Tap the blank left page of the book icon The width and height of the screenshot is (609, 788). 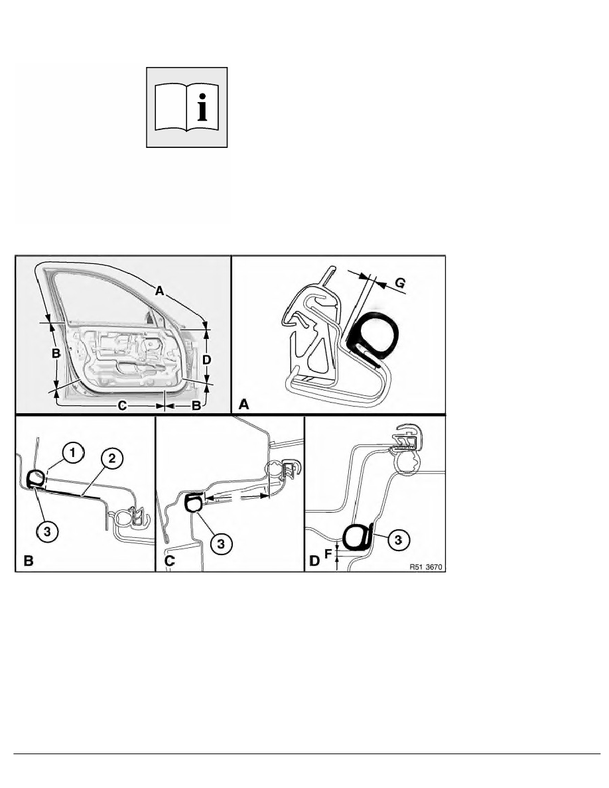[x=171, y=107]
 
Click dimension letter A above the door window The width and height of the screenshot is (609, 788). [x=159, y=291]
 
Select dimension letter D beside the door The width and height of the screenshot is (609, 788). [x=206, y=360]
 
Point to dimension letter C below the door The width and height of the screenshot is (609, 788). [x=122, y=405]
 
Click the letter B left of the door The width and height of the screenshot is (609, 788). [x=56, y=354]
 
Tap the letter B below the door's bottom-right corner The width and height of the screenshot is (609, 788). [x=196, y=405]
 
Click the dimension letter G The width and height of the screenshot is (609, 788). [x=400, y=283]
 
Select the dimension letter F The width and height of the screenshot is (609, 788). [x=328, y=554]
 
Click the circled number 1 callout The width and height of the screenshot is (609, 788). [x=73, y=453]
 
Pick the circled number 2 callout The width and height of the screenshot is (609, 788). [x=111, y=458]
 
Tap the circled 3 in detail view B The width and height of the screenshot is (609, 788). [x=47, y=531]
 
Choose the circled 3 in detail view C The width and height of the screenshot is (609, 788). [x=221, y=543]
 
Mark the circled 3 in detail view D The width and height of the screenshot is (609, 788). [x=399, y=540]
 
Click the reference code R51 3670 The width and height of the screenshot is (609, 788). [x=426, y=567]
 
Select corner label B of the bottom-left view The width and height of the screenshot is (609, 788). [x=28, y=560]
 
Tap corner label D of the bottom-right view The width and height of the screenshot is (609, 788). [x=314, y=560]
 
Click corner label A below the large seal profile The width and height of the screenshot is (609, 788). [x=243, y=404]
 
